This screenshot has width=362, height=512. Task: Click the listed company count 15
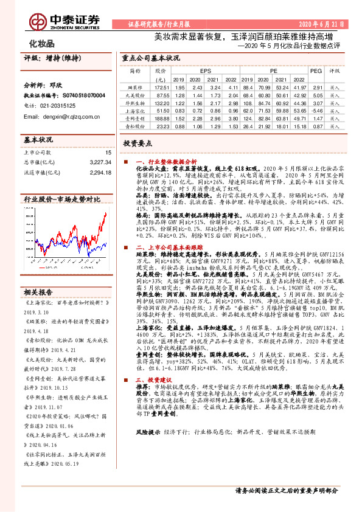point(108,153)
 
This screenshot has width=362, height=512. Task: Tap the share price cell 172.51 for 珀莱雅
point(161,88)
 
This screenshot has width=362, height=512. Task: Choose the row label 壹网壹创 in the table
point(136,119)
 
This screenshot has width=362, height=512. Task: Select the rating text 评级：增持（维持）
point(52,58)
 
